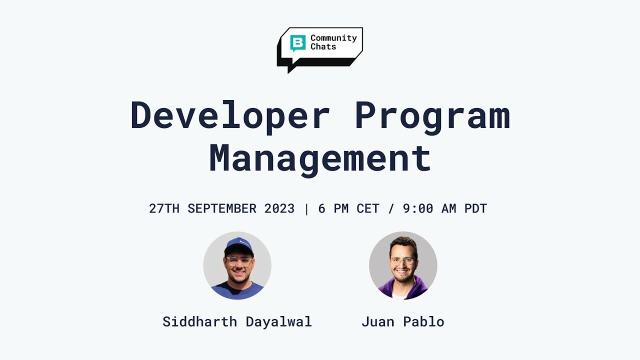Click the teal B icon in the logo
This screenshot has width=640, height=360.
(298, 43)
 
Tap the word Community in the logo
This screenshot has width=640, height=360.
(333, 38)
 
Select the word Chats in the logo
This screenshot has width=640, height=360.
(323, 46)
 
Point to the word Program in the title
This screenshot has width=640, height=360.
(432, 116)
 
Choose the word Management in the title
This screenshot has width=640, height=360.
(320, 158)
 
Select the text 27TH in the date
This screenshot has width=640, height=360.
(164, 208)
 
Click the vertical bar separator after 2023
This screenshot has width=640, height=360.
(306, 208)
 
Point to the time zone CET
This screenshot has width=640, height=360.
(368, 208)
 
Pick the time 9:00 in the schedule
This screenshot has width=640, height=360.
(418, 208)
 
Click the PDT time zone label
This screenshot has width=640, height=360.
(475, 208)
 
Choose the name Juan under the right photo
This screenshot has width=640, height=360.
(377, 321)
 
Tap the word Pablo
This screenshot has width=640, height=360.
(424, 321)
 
